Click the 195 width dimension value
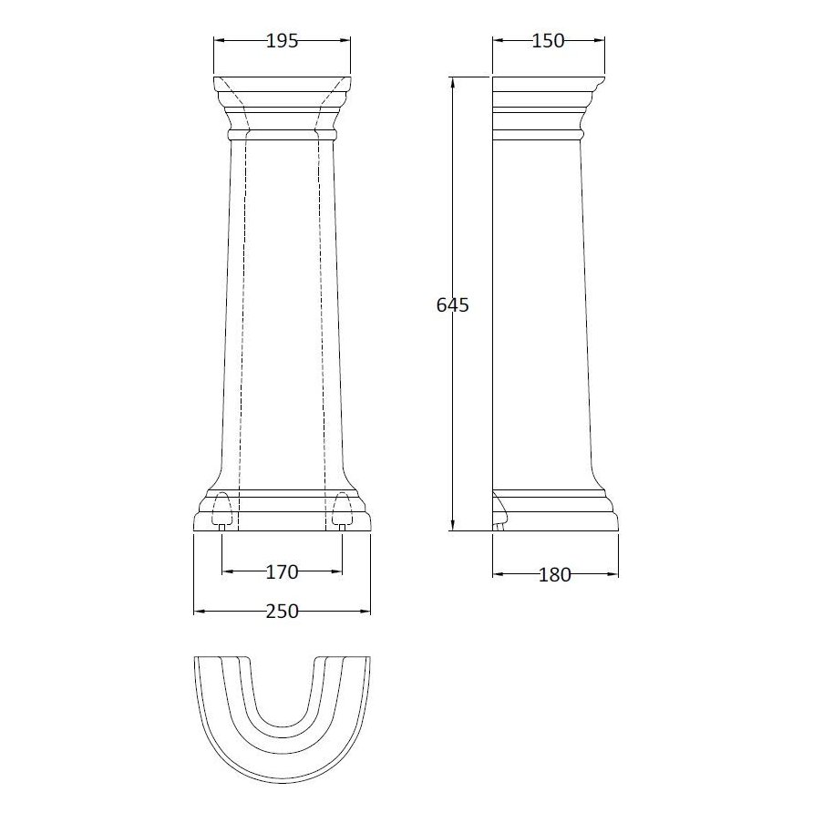[x=282, y=40]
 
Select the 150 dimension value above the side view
[x=548, y=40]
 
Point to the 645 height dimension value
[x=453, y=305]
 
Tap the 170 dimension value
[x=282, y=572]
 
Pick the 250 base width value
[x=282, y=612]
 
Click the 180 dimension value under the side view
[x=554, y=574]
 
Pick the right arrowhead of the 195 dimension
[x=345, y=40]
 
